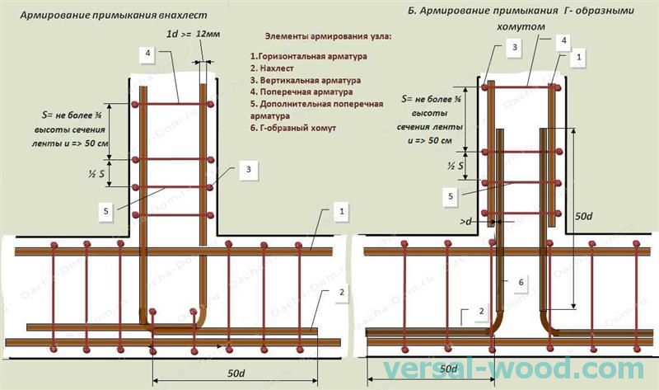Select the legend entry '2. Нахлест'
coord(274,68)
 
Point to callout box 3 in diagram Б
coord(513,48)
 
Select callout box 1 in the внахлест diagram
coord(340,213)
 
